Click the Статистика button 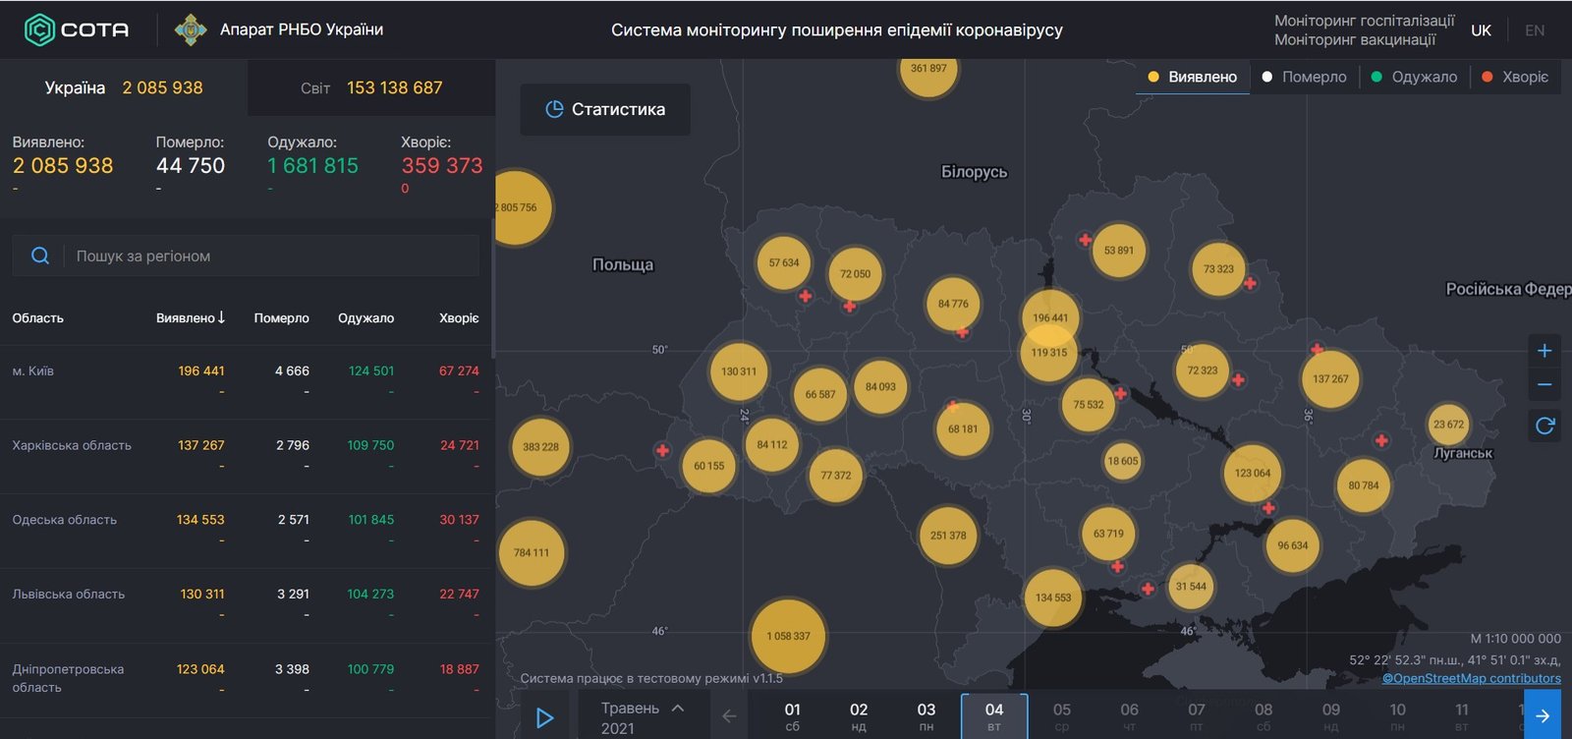tap(605, 109)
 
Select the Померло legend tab tap(1304, 77)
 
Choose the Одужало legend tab tap(1414, 77)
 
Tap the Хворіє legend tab tap(1515, 77)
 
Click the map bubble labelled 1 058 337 tap(788, 636)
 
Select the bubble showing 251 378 tap(948, 536)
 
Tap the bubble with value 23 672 tap(1448, 425)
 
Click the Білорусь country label tap(974, 172)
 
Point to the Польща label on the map tap(623, 264)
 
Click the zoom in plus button tap(1544, 351)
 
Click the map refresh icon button tap(1544, 426)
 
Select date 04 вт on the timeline tap(994, 716)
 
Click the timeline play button tap(544, 718)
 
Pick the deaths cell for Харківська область tap(293, 445)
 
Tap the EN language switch tap(1535, 30)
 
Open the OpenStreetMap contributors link tap(1471, 678)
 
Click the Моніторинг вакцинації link tap(1354, 39)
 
